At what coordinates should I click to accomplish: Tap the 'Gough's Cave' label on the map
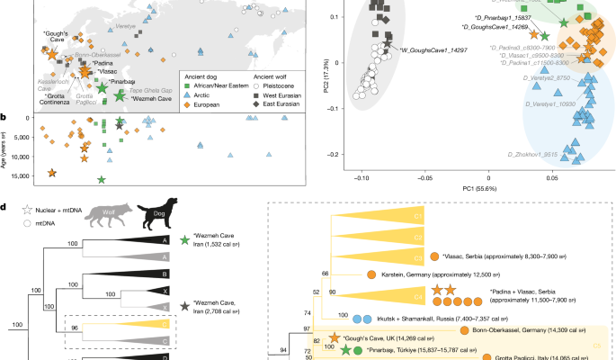pos(57,37)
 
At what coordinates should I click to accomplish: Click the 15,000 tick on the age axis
pos(19,175)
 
